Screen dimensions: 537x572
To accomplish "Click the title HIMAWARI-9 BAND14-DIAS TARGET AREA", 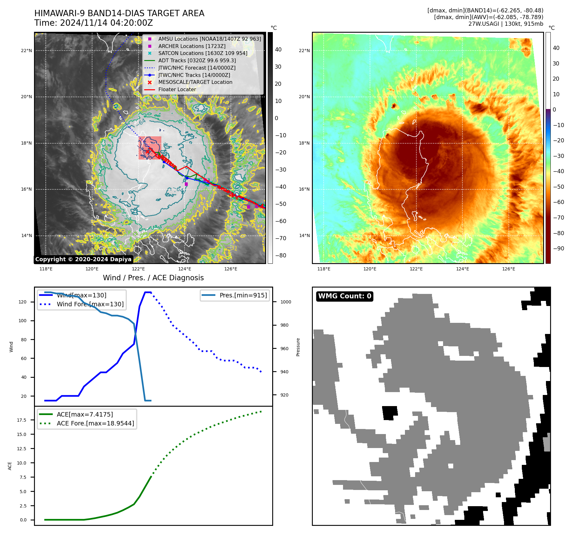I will [x=119, y=13].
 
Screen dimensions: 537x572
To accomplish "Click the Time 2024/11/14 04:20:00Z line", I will [x=93, y=23].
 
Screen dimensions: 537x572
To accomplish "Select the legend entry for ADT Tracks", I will [x=197, y=60].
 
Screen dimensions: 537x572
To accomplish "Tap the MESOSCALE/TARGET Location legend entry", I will [x=195, y=82].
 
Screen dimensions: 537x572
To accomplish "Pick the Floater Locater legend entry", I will [x=177, y=89].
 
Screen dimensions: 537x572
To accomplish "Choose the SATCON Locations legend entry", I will [x=203, y=53].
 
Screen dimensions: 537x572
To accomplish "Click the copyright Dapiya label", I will [x=83, y=259].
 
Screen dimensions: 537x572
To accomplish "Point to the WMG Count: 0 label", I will [x=345, y=296].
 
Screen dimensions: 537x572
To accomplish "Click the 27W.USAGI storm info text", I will [x=506, y=24].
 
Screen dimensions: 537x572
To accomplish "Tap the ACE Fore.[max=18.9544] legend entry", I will [x=95, y=423].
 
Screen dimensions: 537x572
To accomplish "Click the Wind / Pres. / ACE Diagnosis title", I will [x=153, y=278].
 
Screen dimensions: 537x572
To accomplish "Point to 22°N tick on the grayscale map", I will [x=26, y=51].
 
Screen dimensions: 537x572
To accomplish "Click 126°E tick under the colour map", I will [x=508, y=269].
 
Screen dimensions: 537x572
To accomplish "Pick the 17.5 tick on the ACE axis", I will [x=22, y=420].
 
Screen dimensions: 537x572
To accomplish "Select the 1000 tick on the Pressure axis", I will [x=286, y=302].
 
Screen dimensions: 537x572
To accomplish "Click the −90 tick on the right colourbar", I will [x=558, y=248].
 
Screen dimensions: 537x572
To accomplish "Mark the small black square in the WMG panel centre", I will [x=390, y=413].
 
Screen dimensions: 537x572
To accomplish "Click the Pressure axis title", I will [x=298, y=347].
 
